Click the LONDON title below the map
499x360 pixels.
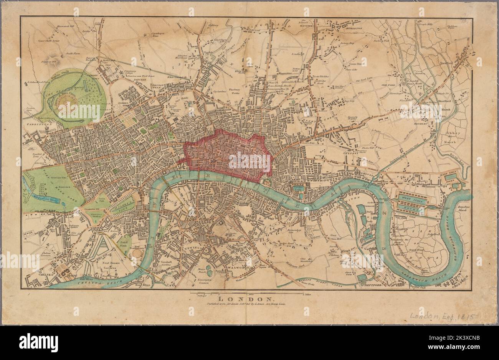(246, 299)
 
